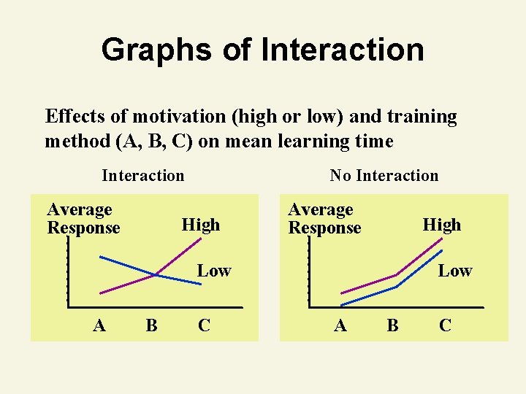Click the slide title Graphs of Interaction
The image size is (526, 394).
point(262,50)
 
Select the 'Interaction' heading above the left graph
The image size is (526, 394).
point(143,175)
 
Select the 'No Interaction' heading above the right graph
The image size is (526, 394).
point(384,175)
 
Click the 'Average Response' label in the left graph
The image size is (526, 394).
point(83,219)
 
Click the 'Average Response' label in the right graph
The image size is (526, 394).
point(324,219)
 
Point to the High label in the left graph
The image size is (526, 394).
point(200,225)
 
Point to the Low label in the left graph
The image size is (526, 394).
point(213,271)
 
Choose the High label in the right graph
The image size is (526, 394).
point(441,225)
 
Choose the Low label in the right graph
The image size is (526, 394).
point(454,271)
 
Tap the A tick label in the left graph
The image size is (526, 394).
point(99,325)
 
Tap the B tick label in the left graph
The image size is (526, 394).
point(151,325)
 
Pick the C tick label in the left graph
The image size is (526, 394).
point(204,325)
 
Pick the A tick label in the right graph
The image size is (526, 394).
point(340,325)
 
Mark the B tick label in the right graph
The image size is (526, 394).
point(392,325)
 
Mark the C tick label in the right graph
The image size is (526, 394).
point(445,325)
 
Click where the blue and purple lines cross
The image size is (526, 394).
point(155,275)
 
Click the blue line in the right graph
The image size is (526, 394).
point(369,295)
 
